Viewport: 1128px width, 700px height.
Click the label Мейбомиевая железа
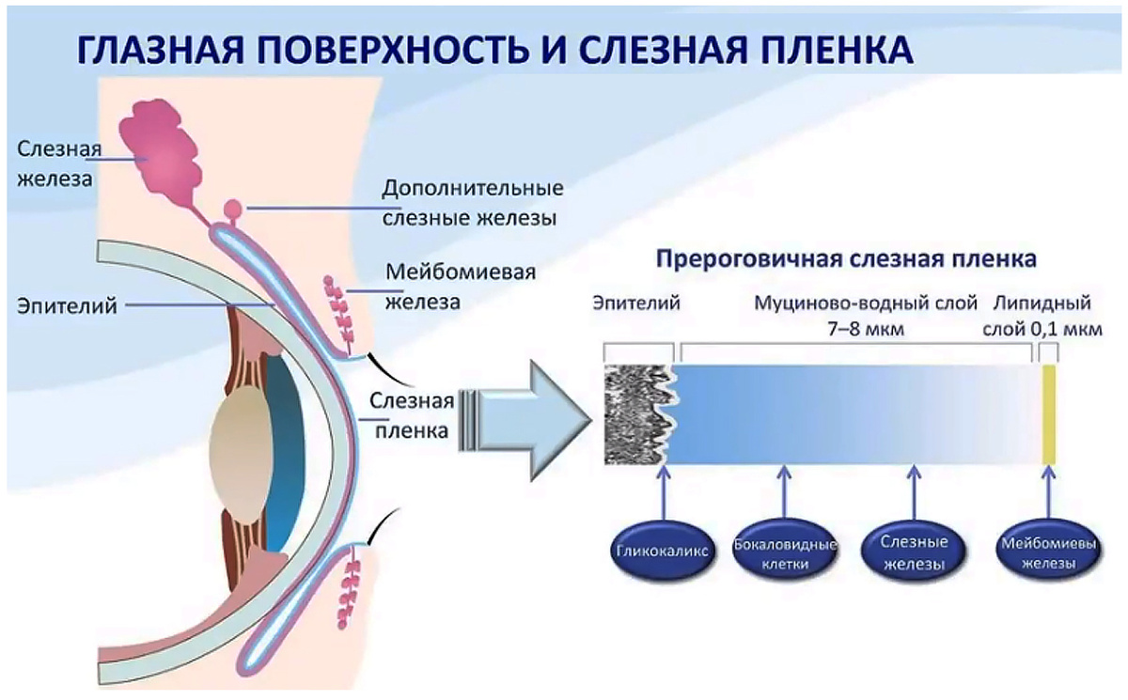coord(461,287)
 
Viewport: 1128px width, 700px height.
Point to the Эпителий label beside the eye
coord(66,304)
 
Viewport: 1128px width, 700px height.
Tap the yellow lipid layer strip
coord(1049,413)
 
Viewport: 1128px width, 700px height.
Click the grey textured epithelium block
coord(638,414)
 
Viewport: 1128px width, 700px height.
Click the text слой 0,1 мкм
coord(1042,331)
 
